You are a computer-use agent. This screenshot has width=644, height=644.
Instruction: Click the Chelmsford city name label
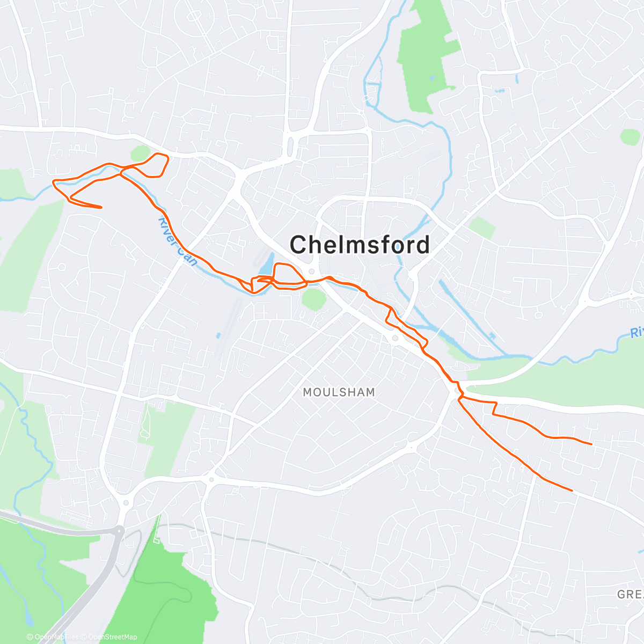(x=360, y=245)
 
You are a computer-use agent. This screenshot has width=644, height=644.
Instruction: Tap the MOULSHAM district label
(x=339, y=392)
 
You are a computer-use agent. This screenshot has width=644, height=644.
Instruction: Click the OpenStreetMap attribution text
(x=112, y=637)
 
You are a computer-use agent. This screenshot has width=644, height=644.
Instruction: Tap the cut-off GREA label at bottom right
(x=630, y=594)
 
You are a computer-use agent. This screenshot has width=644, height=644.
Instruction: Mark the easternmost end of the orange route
(x=591, y=444)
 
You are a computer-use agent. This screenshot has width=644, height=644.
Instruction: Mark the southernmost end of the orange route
(x=572, y=490)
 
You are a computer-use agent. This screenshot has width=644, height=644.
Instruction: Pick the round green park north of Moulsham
(x=313, y=298)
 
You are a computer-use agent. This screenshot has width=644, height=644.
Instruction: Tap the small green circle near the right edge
(x=630, y=136)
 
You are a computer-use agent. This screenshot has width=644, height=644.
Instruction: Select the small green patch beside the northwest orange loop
(x=140, y=154)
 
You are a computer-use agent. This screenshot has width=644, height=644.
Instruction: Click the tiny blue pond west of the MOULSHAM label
(x=218, y=336)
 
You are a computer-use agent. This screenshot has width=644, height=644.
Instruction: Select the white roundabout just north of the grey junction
(x=126, y=503)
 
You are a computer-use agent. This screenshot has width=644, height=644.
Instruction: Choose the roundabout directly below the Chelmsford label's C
(x=311, y=270)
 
